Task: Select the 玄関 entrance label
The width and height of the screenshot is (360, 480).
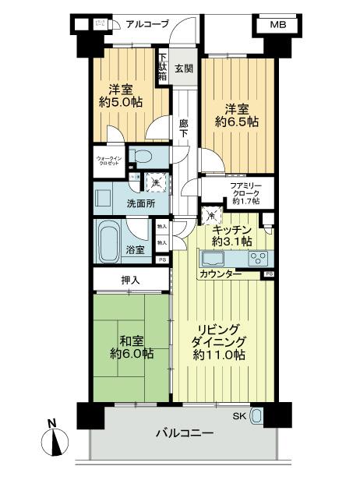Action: [x=184, y=68]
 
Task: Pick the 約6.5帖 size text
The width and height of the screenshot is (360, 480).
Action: [x=238, y=122]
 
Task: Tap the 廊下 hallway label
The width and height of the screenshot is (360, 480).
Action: [x=184, y=129]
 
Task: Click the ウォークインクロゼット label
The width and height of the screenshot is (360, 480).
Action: [x=108, y=162]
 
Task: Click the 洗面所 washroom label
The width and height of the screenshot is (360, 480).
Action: [x=118, y=204]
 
